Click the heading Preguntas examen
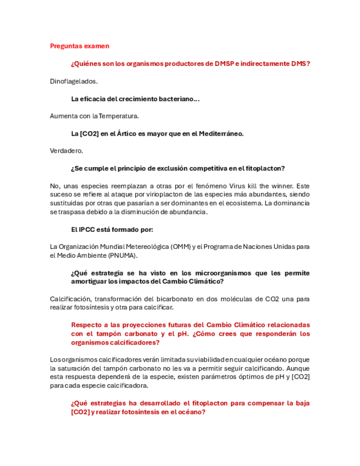(x=79, y=46)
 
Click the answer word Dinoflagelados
(x=74, y=81)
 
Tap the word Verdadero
(x=66, y=151)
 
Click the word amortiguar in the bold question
(x=89, y=281)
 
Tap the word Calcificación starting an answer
(x=69, y=299)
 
